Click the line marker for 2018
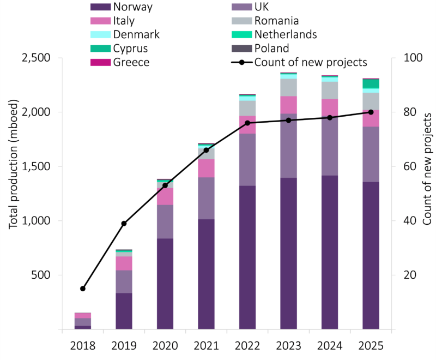83,289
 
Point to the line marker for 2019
124,224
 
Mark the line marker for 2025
371,112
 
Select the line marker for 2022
247,123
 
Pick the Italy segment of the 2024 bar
329,108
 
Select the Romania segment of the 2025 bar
371,101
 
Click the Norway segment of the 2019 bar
124,311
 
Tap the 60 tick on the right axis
409,166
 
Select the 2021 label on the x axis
206,346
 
